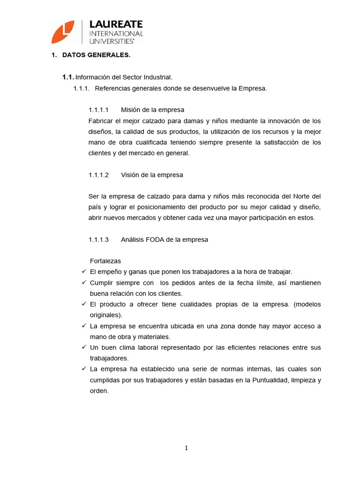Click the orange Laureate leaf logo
coord(63,32)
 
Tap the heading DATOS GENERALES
coord(96,55)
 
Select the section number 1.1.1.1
coord(98,110)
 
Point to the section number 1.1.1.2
coord(98,175)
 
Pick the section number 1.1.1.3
coord(98,240)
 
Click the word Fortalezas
coord(105,261)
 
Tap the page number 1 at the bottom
coord(186,448)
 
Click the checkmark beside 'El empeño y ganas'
coord(84,271)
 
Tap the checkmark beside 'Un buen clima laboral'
coord(84,347)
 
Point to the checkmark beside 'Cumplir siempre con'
coord(84,283)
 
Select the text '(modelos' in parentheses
coord(307,304)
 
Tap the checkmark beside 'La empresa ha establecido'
coord(84,369)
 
